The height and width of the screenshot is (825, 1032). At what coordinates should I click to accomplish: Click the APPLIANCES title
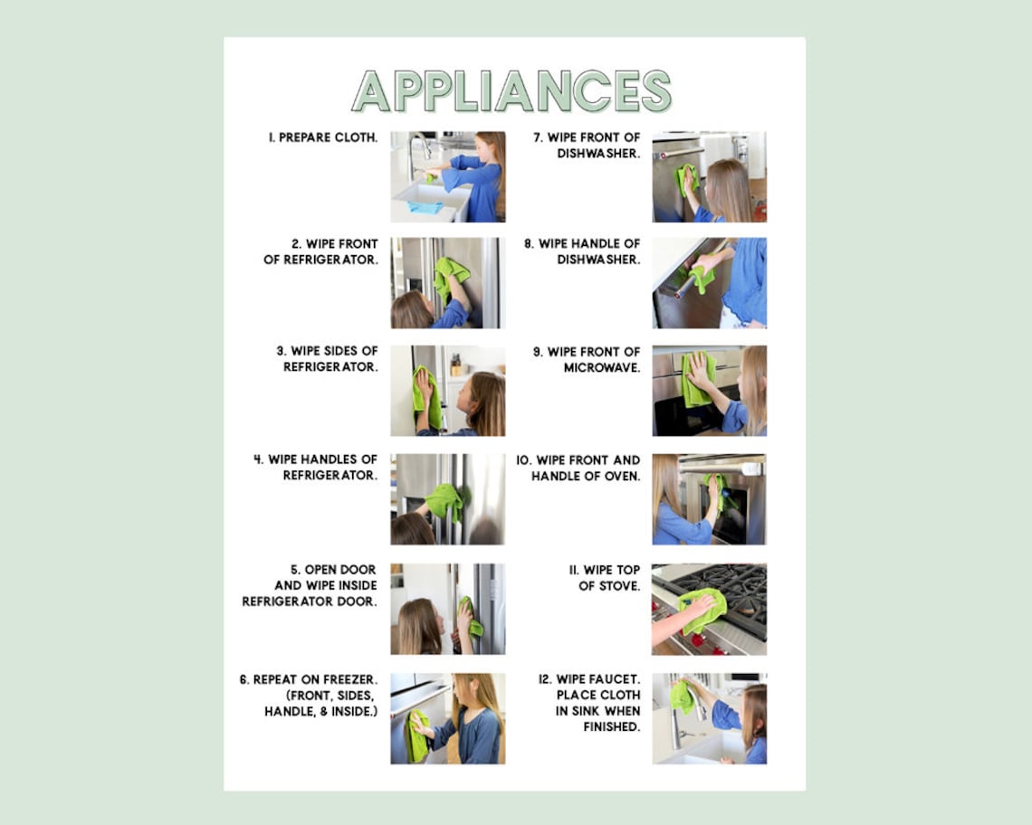[511, 90]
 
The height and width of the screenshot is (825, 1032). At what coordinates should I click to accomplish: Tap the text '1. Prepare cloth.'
[322, 137]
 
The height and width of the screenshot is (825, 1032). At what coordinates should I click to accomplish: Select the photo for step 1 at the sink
[448, 176]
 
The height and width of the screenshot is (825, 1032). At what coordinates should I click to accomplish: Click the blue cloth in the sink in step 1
[425, 207]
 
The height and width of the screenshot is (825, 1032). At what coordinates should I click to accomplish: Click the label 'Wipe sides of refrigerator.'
[330, 359]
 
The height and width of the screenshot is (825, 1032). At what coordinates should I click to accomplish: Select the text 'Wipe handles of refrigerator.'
[317, 467]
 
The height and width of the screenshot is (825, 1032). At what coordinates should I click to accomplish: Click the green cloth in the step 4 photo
[444, 500]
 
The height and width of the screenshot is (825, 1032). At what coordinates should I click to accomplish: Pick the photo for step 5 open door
[448, 609]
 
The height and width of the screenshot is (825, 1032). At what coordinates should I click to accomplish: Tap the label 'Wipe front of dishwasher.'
[587, 146]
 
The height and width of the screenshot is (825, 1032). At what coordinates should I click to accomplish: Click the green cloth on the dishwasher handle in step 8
[699, 278]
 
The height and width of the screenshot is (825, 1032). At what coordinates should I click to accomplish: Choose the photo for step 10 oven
[709, 499]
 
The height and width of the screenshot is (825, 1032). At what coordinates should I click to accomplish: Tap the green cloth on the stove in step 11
[704, 609]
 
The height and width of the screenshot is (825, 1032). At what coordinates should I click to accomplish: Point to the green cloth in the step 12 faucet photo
[681, 697]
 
